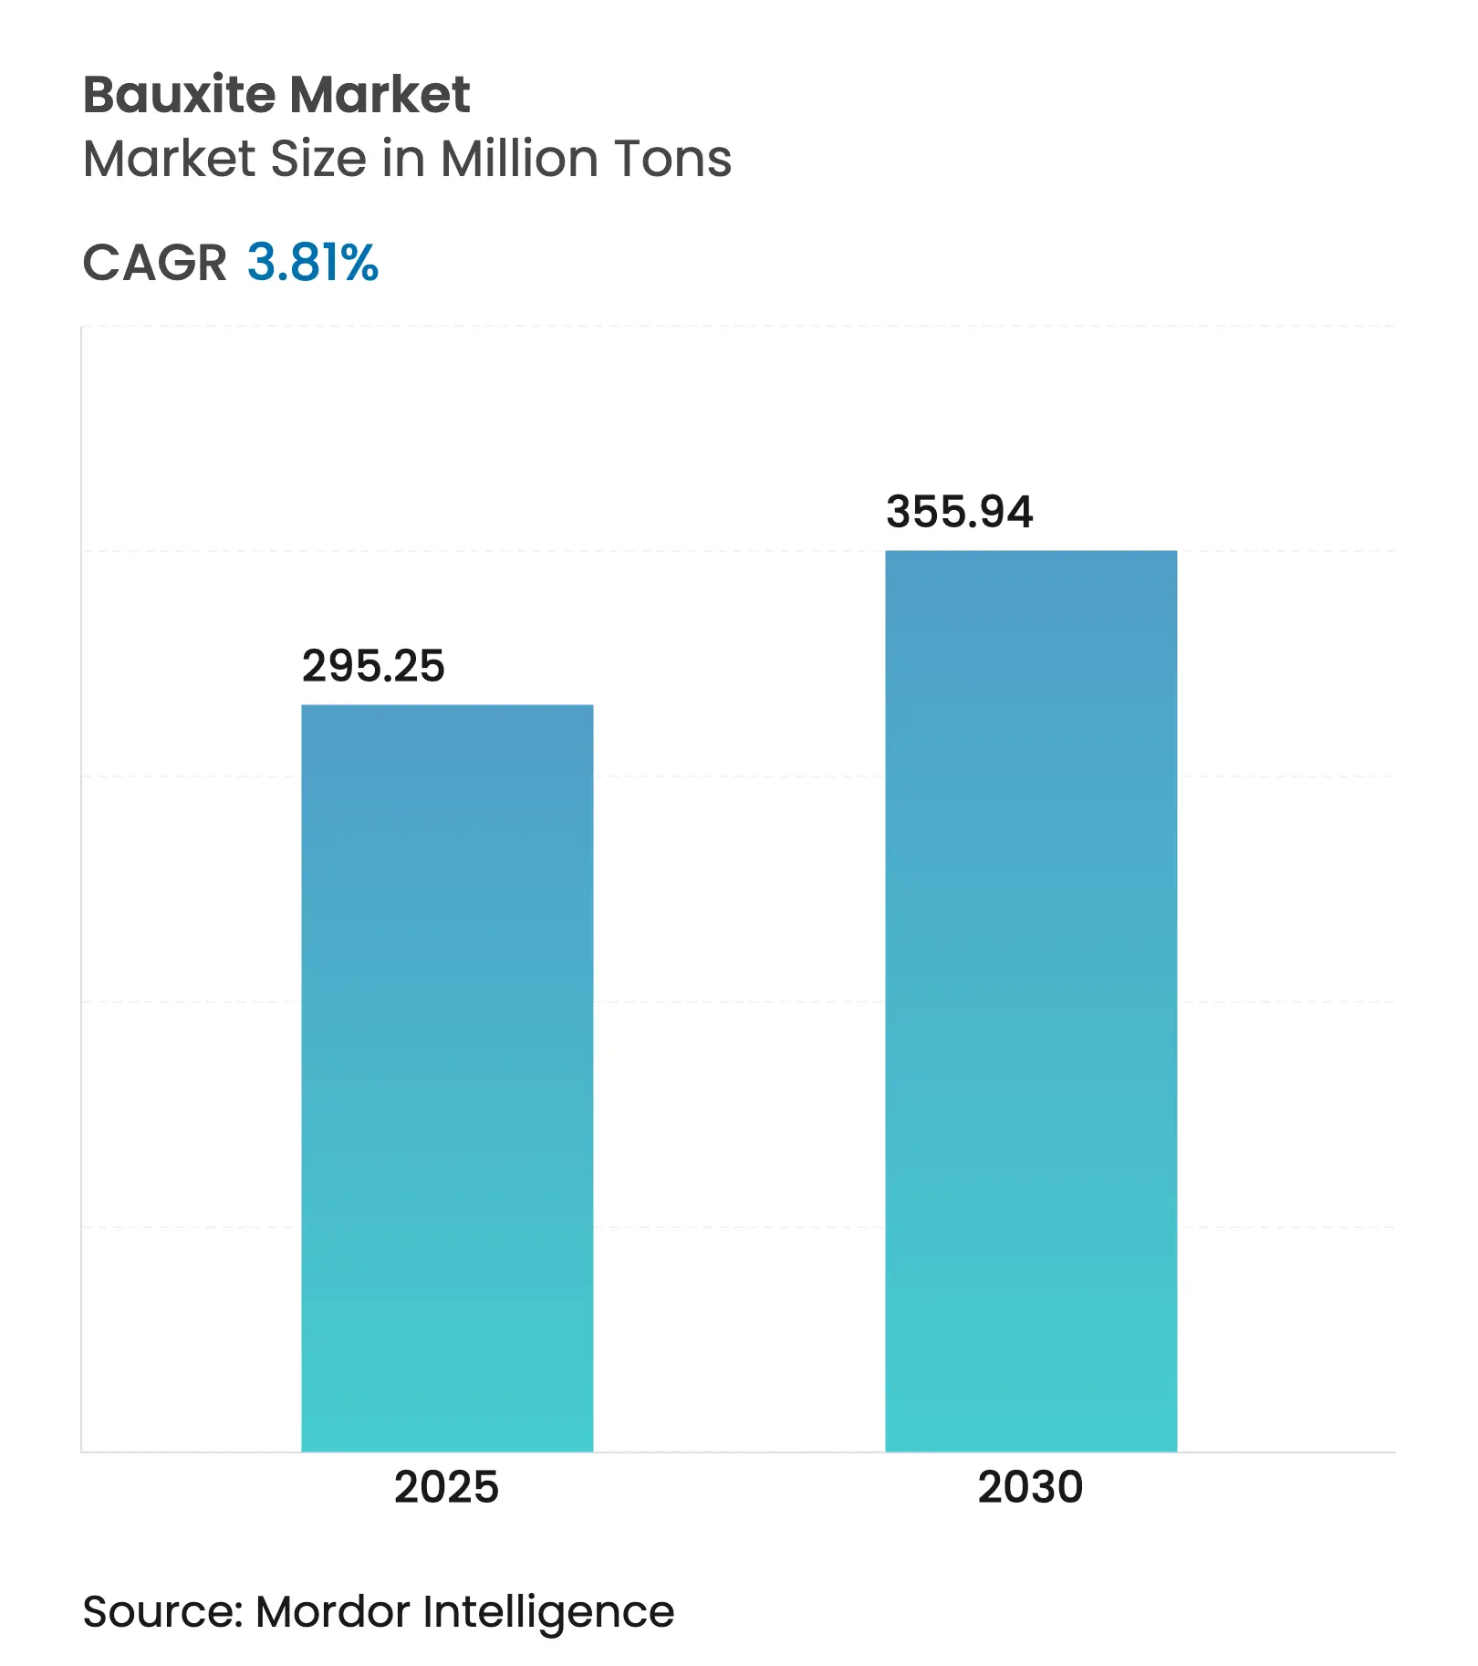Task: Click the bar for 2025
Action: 447,1077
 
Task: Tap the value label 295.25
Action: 373,666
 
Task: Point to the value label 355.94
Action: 959,512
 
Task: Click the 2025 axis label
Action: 446,1486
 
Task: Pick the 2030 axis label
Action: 1030,1486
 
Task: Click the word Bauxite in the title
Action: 180,95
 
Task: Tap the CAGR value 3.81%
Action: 312,263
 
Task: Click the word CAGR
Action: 154,263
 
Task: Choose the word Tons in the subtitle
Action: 672,159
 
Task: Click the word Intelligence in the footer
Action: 548,1613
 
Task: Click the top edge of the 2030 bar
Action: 1031,551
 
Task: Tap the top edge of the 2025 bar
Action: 447,705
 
